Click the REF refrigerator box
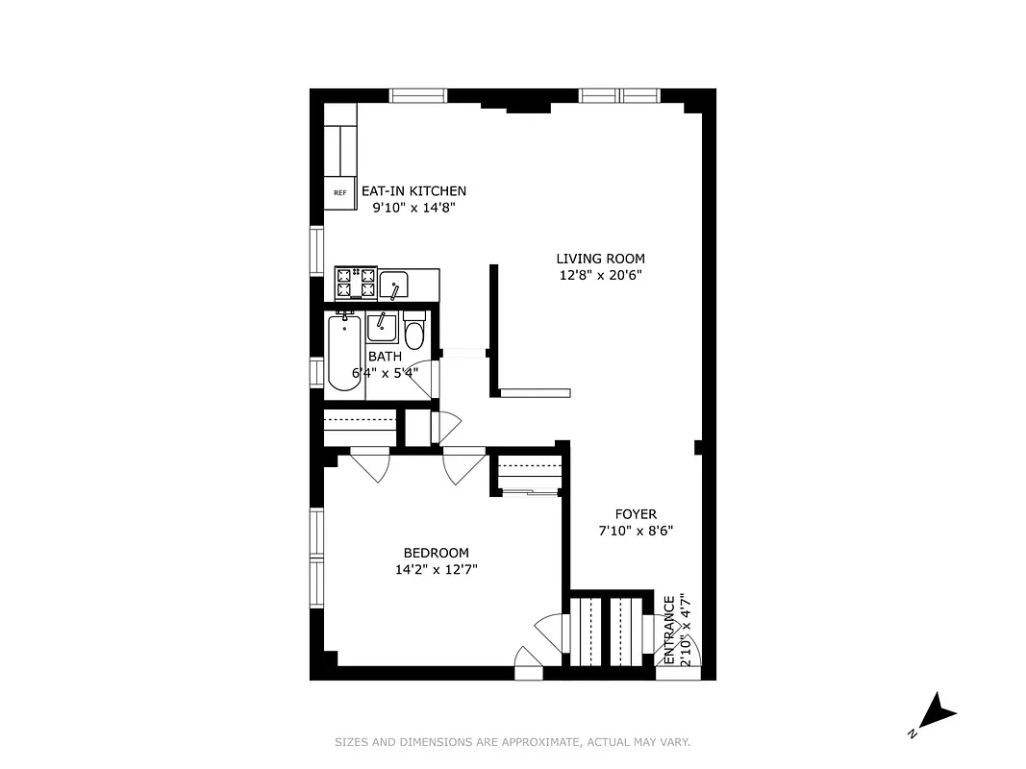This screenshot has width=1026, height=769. (x=339, y=192)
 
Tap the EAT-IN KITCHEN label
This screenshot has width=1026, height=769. (x=413, y=191)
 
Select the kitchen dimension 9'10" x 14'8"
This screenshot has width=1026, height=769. (x=413, y=207)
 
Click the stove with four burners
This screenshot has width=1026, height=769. (x=354, y=283)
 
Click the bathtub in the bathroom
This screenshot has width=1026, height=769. (x=343, y=353)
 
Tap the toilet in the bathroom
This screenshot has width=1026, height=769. (x=414, y=333)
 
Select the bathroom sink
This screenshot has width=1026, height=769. (x=382, y=328)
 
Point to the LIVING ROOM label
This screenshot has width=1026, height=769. (x=600, y=259)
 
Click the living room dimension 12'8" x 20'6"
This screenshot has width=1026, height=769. (x=600, y=275)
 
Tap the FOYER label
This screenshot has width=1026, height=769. (x=636, y=514)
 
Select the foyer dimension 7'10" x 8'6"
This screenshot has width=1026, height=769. (x=636, y=531)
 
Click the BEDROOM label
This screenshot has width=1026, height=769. (x=436, y=553)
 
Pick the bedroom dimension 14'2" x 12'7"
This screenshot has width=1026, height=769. (x=436, y=569)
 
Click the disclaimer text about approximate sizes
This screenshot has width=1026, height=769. (x=513, y=742)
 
